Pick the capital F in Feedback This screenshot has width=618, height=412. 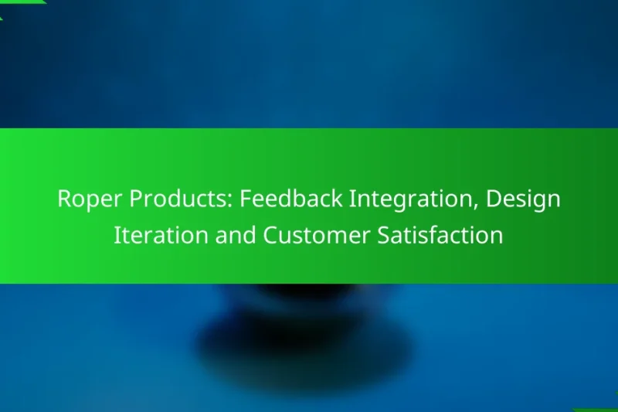(x=245, y=199)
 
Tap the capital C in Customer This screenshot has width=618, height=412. (x=270, y=236)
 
